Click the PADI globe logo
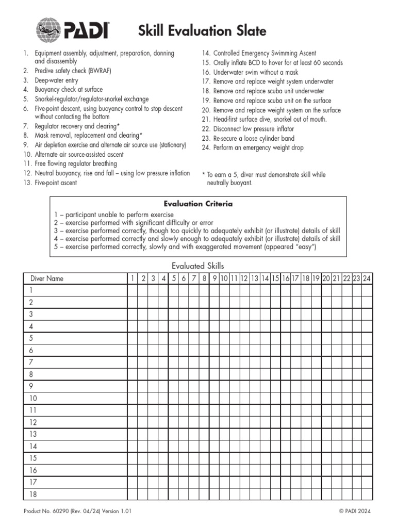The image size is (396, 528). pos(49,30)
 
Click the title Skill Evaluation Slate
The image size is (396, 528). pos(202,31)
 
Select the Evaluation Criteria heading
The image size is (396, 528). pos(198,204)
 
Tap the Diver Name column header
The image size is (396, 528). pos(47,278)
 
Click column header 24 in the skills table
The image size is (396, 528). pos(367,278)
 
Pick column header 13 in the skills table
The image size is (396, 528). pos(255,278)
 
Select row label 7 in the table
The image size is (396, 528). pos(31,362)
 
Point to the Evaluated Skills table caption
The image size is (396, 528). pos(198,266)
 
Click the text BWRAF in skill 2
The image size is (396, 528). pos(100,71)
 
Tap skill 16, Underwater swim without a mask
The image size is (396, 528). pos(256,72)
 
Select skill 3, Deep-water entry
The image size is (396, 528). pos(56,80)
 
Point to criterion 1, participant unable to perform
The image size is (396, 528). pos(113,214)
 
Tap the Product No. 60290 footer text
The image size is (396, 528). pos(78,511)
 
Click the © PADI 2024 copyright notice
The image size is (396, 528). pos(355,511)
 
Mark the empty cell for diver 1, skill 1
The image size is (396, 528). pos(133,291)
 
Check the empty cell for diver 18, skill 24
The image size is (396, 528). pos(367,494)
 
